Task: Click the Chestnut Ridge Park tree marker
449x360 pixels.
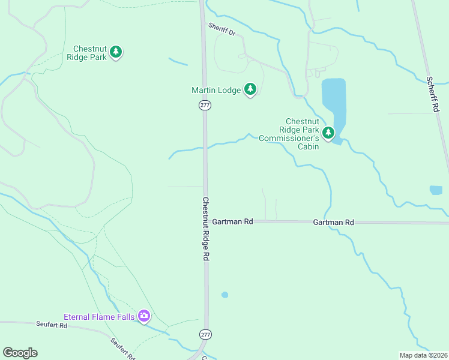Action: pyautogui.click(x=116, y=53)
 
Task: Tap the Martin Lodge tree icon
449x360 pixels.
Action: pyautogui.click(x=250, y=90)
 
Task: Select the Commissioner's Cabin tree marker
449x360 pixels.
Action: pyautogui.click(x=328, y=133)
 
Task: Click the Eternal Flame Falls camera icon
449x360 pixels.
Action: pyautogui.click(x=143, y=316)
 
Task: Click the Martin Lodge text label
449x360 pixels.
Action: pyautogui.click(x=215, y=91)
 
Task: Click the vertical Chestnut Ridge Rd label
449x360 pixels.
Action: pyautogui.click(x=205, y=229)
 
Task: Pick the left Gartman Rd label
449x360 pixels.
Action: pyautogui.click(x=232, y=221)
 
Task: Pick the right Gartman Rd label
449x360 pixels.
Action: pyautogui.click(x=333, y=223)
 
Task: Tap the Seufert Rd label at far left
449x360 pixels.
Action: pyautogui.click(x=51, y=325)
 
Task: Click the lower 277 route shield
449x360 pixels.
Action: pyautogui.click(x=205, y=334)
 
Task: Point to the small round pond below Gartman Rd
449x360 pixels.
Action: pyautogui.click(x=224, y=295)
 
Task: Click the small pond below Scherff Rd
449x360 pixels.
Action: pyautogui.click(x=436, y=190)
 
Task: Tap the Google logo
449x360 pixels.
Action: pyautogui.click(x=20, y=353)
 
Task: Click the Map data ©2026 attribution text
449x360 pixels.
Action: pyautogui.click(x=423, y=355)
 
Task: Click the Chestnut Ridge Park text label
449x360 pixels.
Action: pyautogui.click(x=90, y=53)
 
